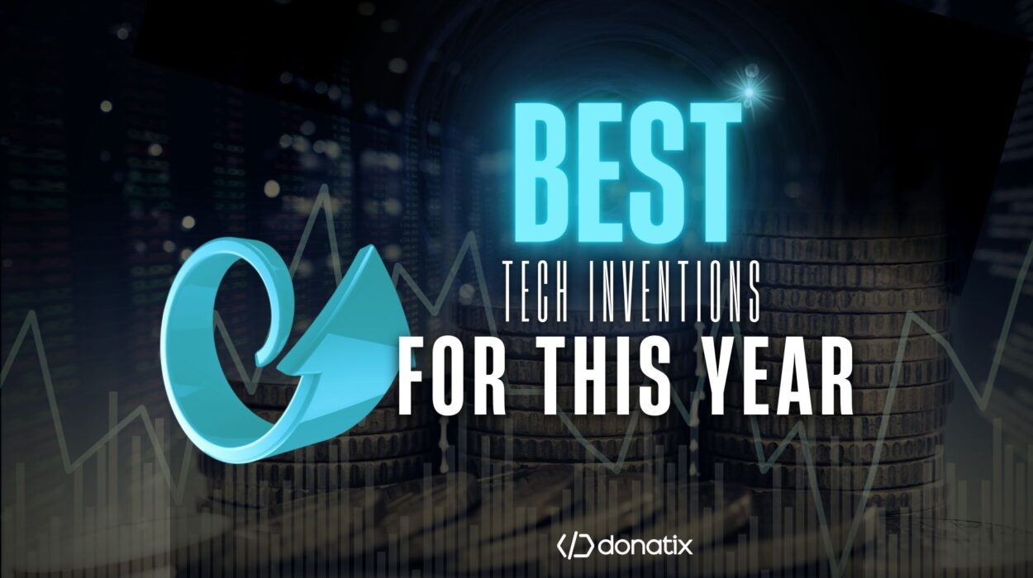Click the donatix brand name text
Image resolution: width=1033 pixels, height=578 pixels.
[x=645, y=547]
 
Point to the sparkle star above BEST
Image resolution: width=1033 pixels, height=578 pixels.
[x=750, y=92]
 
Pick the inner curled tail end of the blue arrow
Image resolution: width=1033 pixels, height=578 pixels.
[x=259, y=358]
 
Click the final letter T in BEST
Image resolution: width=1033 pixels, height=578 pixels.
[x=712, y=173]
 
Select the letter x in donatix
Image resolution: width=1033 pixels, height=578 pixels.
[x=684, y=548]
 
